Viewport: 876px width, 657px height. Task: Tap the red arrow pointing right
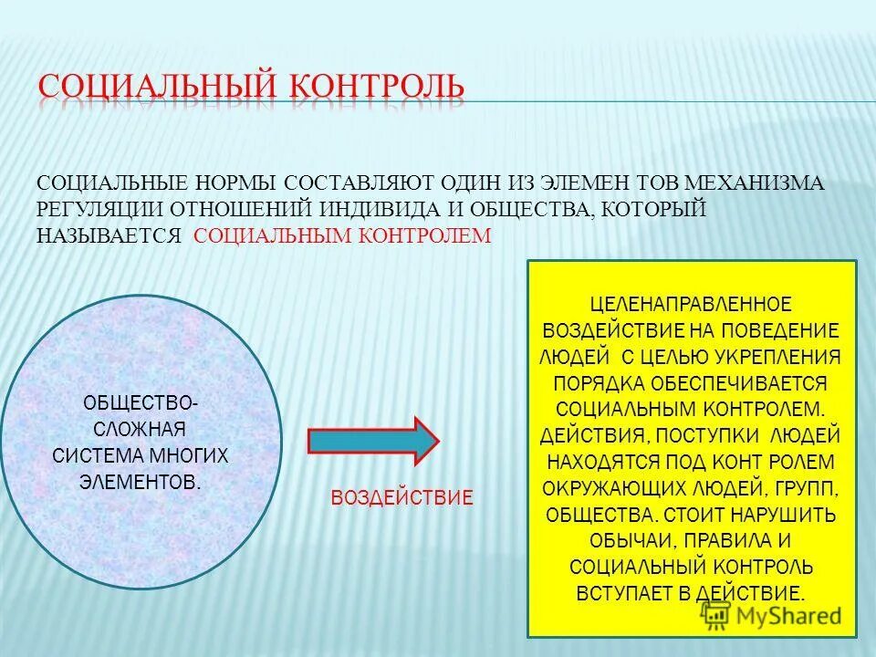tap(373, 442)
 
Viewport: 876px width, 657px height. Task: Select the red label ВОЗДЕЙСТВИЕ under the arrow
tap(401, 498)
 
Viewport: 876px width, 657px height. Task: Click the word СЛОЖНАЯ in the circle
tap(140, 429)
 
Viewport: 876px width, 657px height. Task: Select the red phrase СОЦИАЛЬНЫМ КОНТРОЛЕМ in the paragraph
tap(343, 235)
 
